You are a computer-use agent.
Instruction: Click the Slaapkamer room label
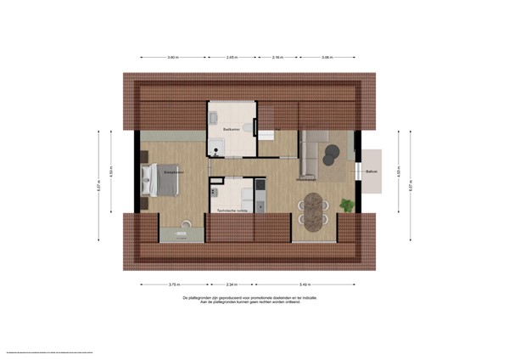[174, 172]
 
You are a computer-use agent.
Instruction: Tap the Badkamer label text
[231, 129]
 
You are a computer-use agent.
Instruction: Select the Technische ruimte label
[232, 210]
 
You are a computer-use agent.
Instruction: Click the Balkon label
[371, 172]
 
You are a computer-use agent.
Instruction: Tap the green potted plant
[346, 205]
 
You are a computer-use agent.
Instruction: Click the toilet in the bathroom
[246, 127]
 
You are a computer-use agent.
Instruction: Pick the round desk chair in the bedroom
[184, 224]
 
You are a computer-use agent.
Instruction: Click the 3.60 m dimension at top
[173, 58]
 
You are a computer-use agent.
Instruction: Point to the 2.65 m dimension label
[232, 58]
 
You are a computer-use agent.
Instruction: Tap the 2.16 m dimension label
[277, 58]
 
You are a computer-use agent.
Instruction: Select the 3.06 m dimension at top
[327, 58]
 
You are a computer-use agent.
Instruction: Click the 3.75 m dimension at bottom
[174, 284]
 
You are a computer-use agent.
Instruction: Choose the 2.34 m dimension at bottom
[232, 284]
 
